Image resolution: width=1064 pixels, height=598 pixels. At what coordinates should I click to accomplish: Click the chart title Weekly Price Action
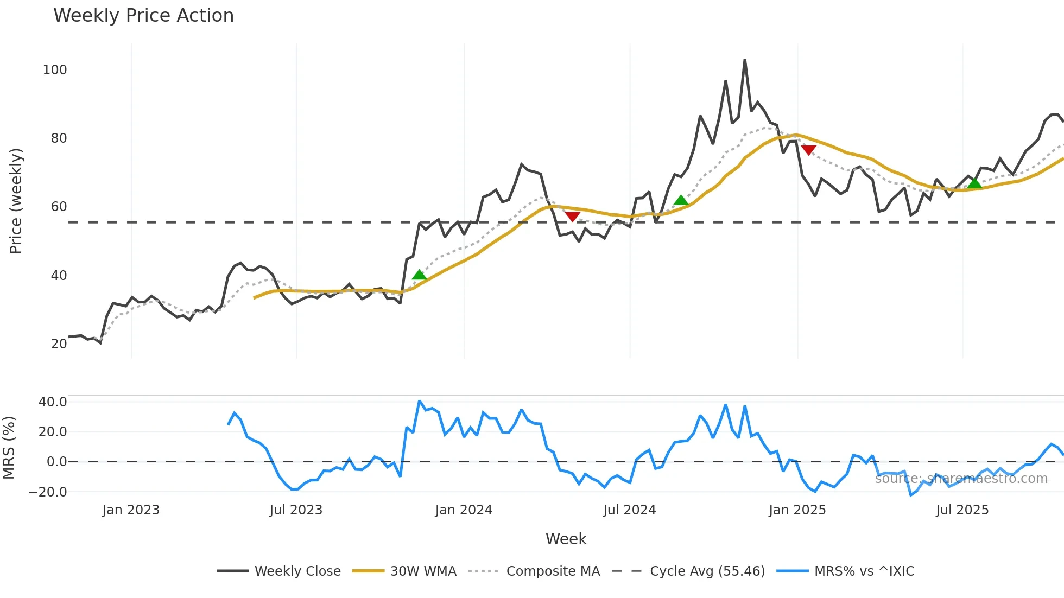pyautogui.click(x=143, y=16)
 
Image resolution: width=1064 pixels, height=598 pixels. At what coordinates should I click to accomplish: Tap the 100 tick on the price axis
pyautogui.click(x=55, y=70)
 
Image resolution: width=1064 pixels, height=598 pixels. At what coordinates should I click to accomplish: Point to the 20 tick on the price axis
pyautogui.click(x=59, y=344)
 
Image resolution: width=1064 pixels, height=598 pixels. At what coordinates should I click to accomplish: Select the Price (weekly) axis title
pyautogui.click(x=16, y=201)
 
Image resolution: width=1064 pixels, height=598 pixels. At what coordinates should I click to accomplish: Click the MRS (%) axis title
pyautogui.click(x=9, y=448)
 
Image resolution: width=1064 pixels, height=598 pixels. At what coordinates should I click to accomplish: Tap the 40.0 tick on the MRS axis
pyautogui.click(x=53, y=402)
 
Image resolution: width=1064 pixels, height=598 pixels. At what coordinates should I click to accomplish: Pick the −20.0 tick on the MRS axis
pyautogui.click(x=48, y=492)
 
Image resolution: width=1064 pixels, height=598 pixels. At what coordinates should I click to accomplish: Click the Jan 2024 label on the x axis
pyautogui.click(x=464, y=510)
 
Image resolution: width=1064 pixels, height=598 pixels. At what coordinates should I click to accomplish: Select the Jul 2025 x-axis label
pyautogui.click(x=962, y=510)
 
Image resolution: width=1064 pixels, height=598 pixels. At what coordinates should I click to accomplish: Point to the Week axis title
pyautogui.click(x=566, y=539)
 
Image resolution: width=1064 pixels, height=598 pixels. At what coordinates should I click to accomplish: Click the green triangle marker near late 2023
pyautogui.click(x=419, y=275)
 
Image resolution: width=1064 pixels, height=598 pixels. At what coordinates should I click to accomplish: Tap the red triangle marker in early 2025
pyautogui.click(x=808, y=150)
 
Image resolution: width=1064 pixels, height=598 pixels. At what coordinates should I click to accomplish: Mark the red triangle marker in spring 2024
pyautogui.click(x=572, y=217)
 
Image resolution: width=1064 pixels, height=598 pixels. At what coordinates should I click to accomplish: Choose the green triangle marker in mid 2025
pyautogui.click(x=974, y=183)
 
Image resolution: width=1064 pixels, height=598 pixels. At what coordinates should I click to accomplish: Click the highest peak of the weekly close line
pyautogui.click(x=745, y=60)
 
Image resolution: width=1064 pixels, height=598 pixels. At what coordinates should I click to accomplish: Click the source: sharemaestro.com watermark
pyautogui.click(x=961, y=479)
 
